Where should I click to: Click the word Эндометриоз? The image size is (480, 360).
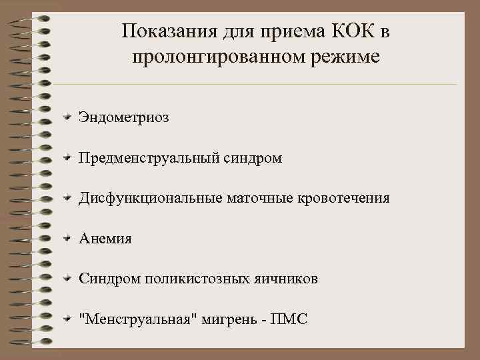(123, 118)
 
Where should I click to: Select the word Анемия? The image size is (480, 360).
(105, 239)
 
